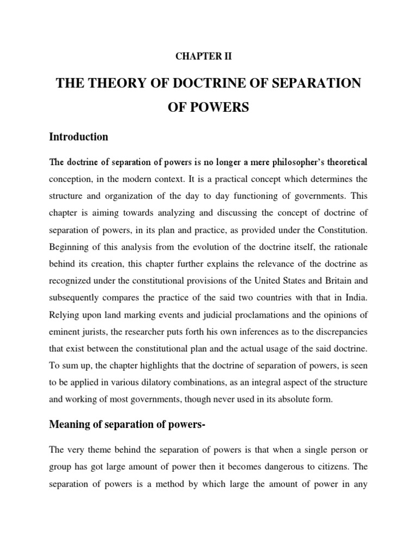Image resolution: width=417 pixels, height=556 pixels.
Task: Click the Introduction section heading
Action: (79, 137)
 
